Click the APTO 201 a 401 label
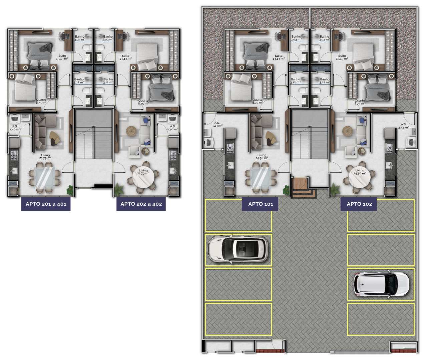[x=46, y=204]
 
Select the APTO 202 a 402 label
[x=141, y=204]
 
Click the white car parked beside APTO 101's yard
[x=238, y=249]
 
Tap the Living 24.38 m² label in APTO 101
[x=262, y=157]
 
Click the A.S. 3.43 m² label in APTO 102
[x=403, y=126]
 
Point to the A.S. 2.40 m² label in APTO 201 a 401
[x=15, y=128]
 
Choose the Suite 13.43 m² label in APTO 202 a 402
[x=125, y=57]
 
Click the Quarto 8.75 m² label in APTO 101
[x=258, y=101]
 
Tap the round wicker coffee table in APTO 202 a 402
[x=131, y=131]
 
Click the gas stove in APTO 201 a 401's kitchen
[x=14, y=155]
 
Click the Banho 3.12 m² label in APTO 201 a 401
[x=79, y=81]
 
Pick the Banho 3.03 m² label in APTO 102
[x=324, y=38]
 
